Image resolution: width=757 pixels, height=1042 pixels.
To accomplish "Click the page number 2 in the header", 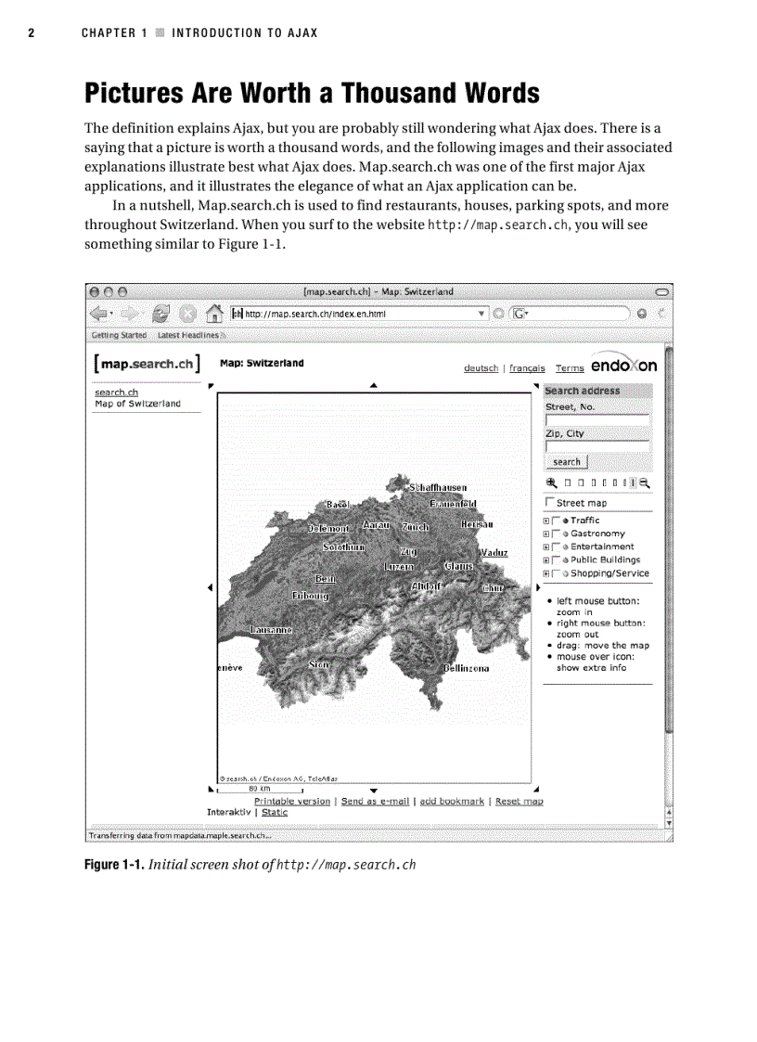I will click(x=31, y=32).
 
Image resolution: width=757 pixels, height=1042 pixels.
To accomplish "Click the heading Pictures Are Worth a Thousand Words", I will click(x=312, y=93).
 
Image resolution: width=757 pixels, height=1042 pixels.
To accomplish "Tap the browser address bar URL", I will click(x=314, y=314).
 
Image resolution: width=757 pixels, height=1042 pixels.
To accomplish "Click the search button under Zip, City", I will click(x=566, y=462).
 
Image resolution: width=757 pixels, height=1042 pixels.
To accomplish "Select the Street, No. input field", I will click(x=597, y=419).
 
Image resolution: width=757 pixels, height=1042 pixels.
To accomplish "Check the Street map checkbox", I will click(x=550, y=503).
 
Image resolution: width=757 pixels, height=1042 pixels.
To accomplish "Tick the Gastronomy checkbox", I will click(x=556, y=534).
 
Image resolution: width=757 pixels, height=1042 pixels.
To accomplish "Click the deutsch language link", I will click(x=481, y=368).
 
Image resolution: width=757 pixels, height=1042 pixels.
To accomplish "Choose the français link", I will click(x=527, y=368).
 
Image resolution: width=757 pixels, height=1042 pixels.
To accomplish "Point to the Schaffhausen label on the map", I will click(x=438, y=487).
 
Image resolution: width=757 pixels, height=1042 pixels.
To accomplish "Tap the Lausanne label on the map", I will click(x=271, y=630).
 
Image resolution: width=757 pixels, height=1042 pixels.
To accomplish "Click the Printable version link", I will click(x=291, y=801).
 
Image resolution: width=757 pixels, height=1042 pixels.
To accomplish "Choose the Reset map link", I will click(x=519, y=801).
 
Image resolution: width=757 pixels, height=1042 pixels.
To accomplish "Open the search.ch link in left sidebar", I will click(x=116, y=392).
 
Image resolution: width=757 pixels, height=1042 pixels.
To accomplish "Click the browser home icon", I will click(x=213, y=314).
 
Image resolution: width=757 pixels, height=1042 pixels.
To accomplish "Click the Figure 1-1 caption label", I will click(x=114, y=865).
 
